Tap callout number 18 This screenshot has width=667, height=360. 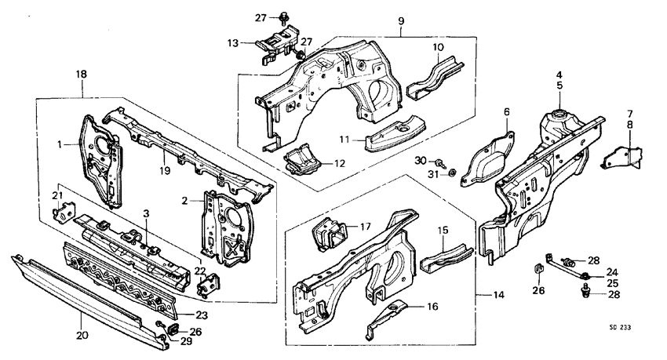[x=82, y=74]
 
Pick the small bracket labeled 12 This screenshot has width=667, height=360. [x=302, y=162]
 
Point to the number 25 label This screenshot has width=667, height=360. [x=612, y=282]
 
